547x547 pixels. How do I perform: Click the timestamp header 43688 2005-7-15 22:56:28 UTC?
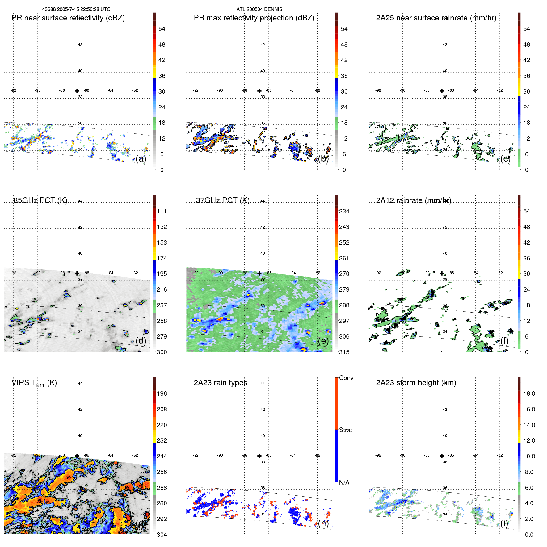76,9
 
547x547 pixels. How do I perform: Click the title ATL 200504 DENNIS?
259,9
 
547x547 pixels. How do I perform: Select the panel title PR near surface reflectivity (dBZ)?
68,18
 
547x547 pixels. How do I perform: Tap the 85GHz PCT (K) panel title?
40,200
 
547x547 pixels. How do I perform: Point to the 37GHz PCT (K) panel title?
222,200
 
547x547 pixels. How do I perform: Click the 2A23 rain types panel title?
221,383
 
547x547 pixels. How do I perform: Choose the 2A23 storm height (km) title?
416,383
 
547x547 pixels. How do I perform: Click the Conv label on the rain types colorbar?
346,378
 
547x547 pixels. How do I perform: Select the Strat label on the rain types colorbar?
345,430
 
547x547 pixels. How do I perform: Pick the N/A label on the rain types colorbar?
344,482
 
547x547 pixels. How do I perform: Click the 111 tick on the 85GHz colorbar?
162,211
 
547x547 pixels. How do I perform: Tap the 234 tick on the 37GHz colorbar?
344,211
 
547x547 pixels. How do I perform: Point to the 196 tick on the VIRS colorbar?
162,393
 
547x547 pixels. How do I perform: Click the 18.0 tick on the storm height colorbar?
529,393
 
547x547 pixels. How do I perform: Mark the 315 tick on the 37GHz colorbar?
344,352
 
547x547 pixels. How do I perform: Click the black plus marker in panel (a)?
77,91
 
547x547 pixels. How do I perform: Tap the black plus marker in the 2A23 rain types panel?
259,456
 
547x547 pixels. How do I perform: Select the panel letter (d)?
141,341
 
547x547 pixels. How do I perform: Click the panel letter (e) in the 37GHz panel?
323,341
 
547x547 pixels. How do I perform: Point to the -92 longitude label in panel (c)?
378,90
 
